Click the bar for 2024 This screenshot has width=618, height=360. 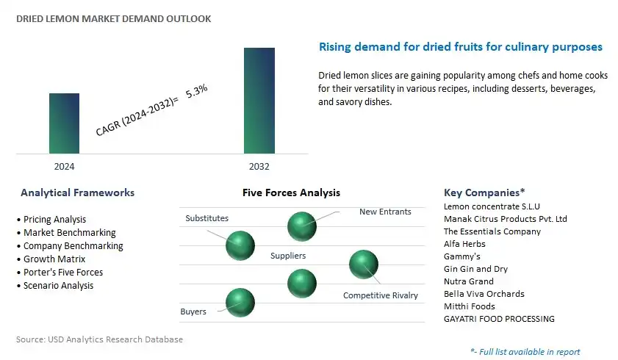pos(64,123)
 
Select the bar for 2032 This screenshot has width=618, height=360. pos(259,101)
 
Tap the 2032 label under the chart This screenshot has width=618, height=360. pos(259,167)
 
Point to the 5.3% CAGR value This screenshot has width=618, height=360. pos(196,91)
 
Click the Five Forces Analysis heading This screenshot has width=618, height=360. pos(291,192)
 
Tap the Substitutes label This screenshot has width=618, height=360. pos(207,218)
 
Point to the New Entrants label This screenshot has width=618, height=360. pos(385,212)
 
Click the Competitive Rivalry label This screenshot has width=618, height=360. pos(381,295)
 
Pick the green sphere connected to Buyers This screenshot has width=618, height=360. pos(240,303)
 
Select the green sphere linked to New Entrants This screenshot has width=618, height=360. pos(302,226)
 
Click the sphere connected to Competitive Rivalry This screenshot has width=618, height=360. pos(364,264)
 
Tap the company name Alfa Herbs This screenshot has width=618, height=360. pos(464,244)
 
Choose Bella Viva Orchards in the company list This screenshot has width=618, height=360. pos(484,294)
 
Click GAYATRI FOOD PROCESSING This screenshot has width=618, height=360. pos(499,319)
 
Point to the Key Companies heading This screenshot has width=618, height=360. pos(484,192)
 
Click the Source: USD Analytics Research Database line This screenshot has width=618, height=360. pos(99,339)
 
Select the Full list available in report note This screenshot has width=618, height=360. pos(525,352)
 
